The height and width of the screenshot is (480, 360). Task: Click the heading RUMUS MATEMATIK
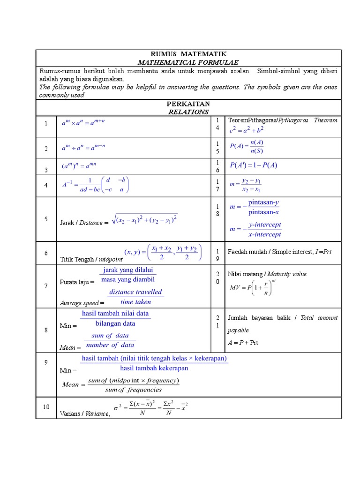188,54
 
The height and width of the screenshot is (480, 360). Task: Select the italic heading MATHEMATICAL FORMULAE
188,62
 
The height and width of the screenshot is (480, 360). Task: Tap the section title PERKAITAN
188,103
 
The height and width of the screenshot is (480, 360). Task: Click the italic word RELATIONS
188,112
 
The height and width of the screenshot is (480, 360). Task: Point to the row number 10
46,407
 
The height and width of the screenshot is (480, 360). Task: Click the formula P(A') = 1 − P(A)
254,165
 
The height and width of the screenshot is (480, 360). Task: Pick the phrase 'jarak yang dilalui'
128,270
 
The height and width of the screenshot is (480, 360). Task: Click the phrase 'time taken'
135,302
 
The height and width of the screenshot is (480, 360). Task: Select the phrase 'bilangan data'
115,323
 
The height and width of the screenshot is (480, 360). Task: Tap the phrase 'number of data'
111,345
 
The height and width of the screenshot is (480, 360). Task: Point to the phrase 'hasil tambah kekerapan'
154,368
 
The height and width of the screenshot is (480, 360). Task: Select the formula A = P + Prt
243,343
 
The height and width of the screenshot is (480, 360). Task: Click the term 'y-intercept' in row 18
264,225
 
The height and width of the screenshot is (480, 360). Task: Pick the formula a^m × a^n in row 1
83,123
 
